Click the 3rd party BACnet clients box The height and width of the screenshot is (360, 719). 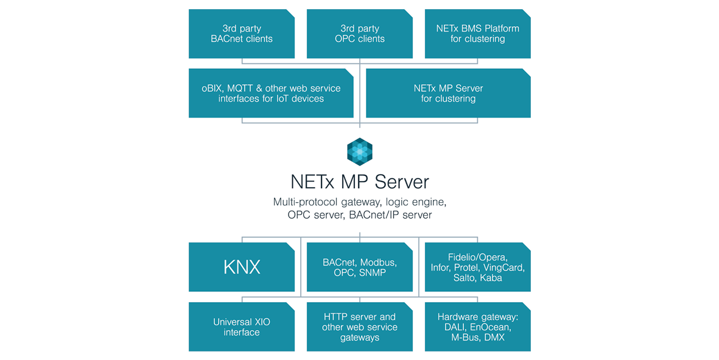coord(242,34)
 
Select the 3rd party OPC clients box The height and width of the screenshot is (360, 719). coord(359,34)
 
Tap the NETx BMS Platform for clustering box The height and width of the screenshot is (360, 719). coord(477,34)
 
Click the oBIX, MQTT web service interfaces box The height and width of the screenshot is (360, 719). coord(271,93)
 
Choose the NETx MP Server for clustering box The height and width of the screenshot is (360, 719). coord(448,93)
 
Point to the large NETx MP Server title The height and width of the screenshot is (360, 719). coord(359,182)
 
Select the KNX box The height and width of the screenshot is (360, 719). coord(242,267)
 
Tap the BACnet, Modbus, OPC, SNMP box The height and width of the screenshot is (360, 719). coord(359,267)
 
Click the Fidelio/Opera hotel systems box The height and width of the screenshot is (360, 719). coord(477,267)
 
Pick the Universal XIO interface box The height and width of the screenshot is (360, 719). coord(242,327)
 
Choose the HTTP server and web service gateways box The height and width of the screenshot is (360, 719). coord(359,327)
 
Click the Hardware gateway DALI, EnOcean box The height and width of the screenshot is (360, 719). coord(477,327)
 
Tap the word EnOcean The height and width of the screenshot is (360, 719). coord(491,327)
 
